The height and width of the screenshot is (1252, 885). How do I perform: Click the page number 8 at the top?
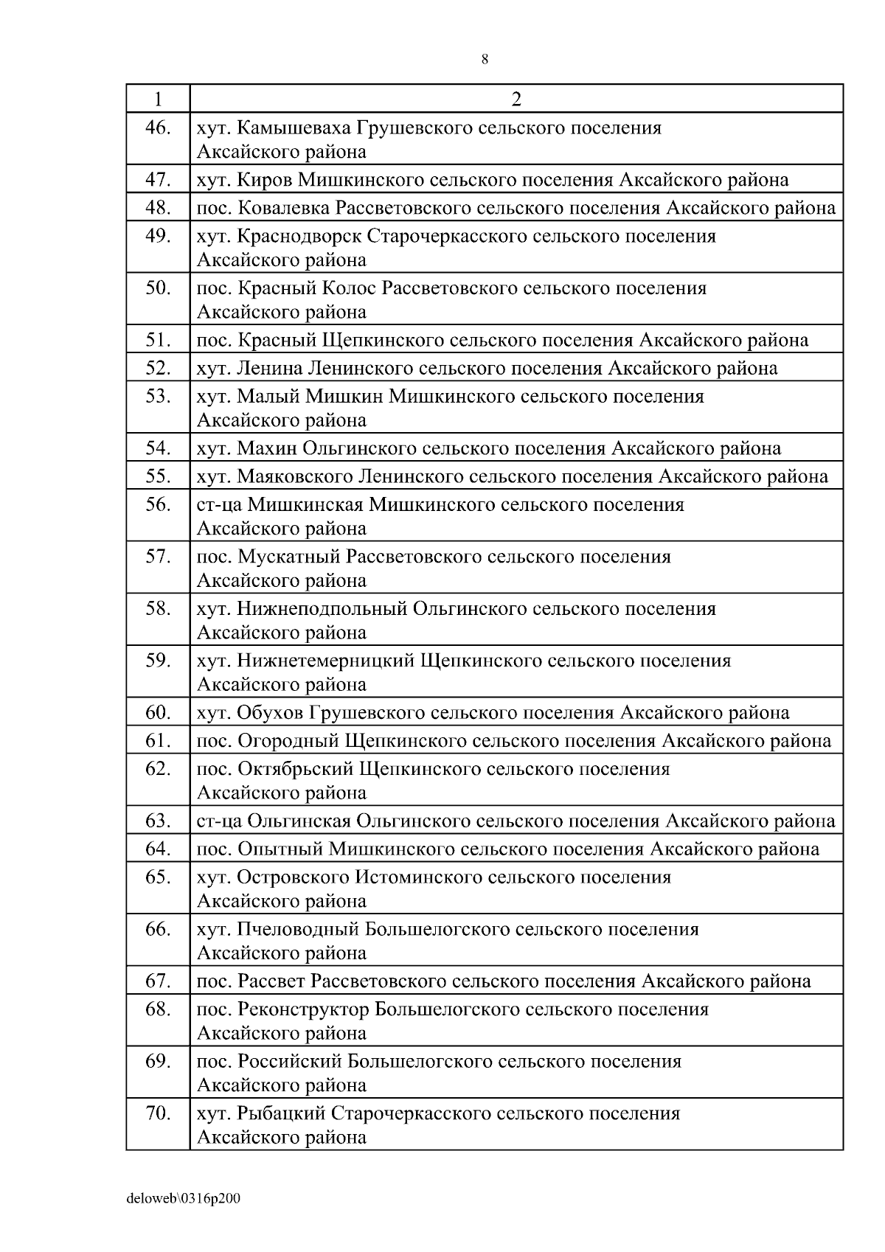[485, 60]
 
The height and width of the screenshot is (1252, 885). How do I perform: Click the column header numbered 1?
[158, 99]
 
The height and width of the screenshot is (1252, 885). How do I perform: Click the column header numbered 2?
[516, 99]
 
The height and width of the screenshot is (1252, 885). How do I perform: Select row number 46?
[158, 128]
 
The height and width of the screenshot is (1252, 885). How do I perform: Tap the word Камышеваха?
[294, 128]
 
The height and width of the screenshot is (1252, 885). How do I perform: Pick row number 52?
[158, 367]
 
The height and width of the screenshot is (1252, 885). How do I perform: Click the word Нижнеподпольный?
[322, 609]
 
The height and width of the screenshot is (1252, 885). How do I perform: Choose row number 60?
[158, 712]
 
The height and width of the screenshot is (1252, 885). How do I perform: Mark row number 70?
[158, 1113]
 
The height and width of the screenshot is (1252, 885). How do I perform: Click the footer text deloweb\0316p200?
[183, 1199]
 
